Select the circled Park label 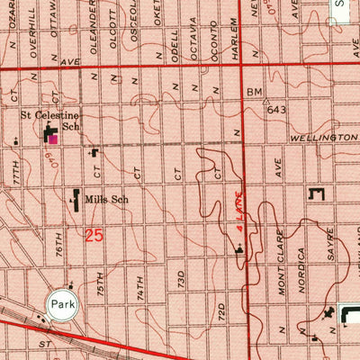61,303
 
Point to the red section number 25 94,236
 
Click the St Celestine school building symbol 51,136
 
